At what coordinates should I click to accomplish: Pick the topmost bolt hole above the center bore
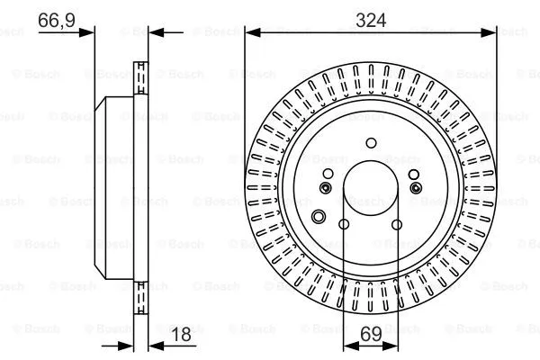pyautogui.click(x=370, y=141)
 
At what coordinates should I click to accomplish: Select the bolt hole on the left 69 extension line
pyautogui.click(x=344, y=225)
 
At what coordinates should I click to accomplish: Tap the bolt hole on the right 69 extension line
pyautogui.click(x=397, y=225)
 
